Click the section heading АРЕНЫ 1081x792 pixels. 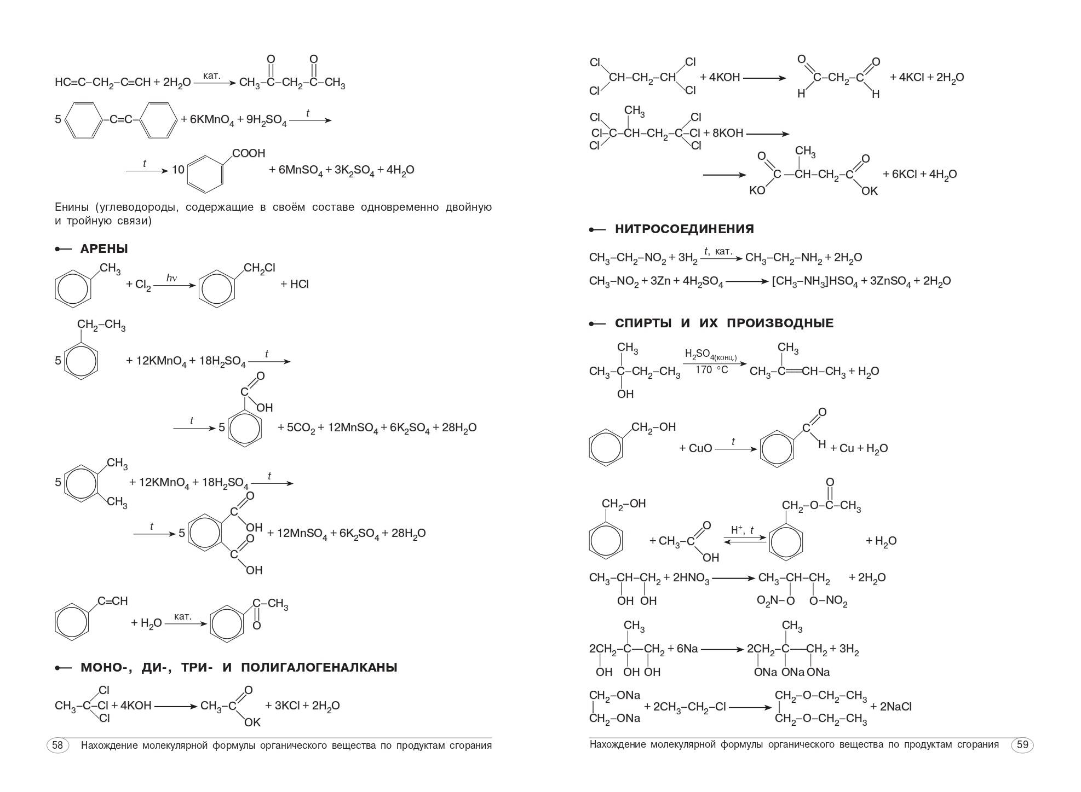[x=104, y=249]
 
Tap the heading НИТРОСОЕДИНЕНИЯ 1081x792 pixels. [x=685, y=229]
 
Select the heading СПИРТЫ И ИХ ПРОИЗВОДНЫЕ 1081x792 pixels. [x=724, y=323]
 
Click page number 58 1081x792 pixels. [x=58, y=745]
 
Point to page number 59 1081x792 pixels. [x=1022, y=745]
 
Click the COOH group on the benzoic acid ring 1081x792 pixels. [x=249, y=154]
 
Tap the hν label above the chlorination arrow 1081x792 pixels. [x=172, y=278]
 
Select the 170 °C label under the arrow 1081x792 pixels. [x=712, y=370]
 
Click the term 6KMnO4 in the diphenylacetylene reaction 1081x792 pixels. [x=212, y=120]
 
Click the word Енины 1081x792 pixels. [x=72, y=207]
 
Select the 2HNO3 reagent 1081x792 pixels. [x=691, y=578]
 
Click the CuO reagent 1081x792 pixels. [x=700, y=449]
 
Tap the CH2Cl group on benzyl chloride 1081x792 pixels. [x=260, y=268]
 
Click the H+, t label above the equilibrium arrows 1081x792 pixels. [x=743, y=530]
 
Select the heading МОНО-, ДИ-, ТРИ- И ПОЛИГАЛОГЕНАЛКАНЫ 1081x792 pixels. [x=239, y=668]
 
